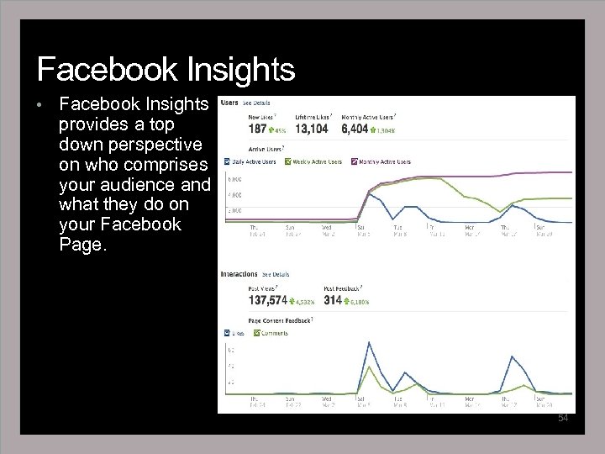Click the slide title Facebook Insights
point(166,69)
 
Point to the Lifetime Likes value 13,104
point(312,129)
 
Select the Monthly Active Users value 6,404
point(355,129)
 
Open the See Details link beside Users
point(257,103)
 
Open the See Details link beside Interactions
point(276,274)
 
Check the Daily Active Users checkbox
point(227,161)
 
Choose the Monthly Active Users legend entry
point(383,161)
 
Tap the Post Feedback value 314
point(332,300)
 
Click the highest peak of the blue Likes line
point(368,343)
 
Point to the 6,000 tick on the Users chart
point(235,178)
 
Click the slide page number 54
point(563,418)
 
